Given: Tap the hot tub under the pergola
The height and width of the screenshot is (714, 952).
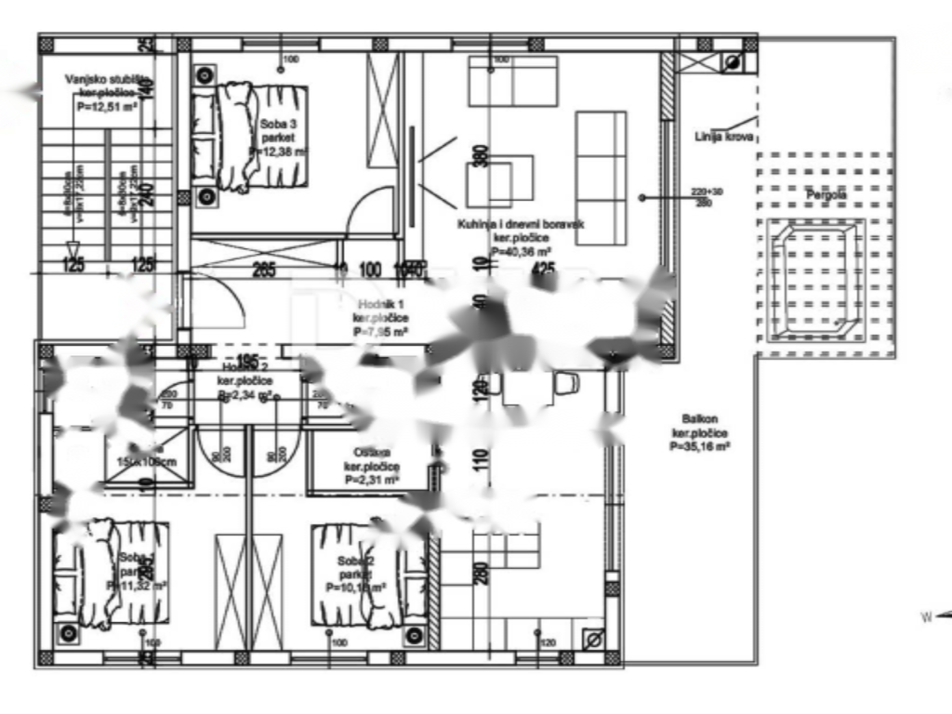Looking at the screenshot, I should click(813, 279).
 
